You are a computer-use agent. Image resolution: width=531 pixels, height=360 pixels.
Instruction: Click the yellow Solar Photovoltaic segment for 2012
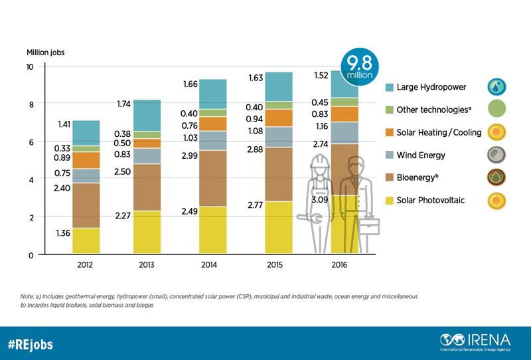pos(86,240)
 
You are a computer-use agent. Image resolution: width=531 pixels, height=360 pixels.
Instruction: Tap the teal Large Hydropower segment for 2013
pos(148,115)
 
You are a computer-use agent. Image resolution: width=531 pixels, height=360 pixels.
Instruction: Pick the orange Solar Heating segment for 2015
pos(278,118)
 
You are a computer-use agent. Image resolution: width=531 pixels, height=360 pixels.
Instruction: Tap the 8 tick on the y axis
pos(30,104)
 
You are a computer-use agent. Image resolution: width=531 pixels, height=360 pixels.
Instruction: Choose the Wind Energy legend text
pos(421,155)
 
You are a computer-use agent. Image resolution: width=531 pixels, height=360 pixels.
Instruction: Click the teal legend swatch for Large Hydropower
pos(391,86)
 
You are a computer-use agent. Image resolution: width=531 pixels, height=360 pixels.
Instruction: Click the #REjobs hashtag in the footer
pos(31,344)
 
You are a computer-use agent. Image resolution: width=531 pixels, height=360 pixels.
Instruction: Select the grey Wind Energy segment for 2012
pos(86,175)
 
